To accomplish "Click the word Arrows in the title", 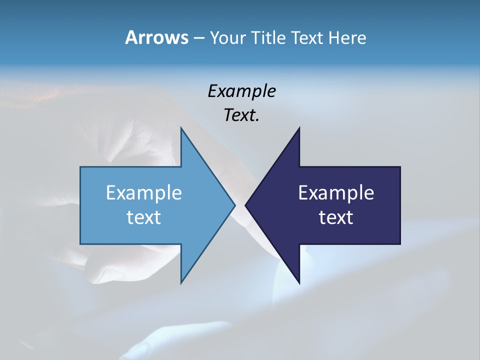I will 156,37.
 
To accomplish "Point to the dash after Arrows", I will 198,38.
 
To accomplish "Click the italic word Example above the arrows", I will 241,91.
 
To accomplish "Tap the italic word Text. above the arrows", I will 241,115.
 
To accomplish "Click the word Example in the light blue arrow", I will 144,193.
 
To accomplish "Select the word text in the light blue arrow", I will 144,217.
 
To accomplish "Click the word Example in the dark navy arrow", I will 336,193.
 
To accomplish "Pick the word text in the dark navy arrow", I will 336,217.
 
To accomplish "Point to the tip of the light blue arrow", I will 234,205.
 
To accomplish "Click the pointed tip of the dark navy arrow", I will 245,205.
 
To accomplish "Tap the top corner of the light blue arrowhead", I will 181,128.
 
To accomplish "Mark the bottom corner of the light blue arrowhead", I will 181,282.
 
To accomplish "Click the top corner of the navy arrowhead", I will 299,128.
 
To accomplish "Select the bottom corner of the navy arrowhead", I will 299,282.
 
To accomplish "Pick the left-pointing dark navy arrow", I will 330,205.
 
